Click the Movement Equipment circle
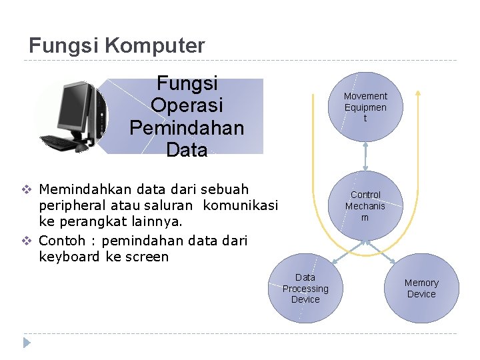tap(365, 107)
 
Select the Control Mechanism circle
tap(365, 205)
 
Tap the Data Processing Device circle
tap(305, 289)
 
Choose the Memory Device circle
tap(421, 289)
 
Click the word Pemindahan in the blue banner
tap(187, 127)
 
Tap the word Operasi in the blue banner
tap(187, 105)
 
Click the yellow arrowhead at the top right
tap(417, 93)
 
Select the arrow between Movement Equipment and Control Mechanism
tap(365, 157)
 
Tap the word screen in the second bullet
tap(147, 257)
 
